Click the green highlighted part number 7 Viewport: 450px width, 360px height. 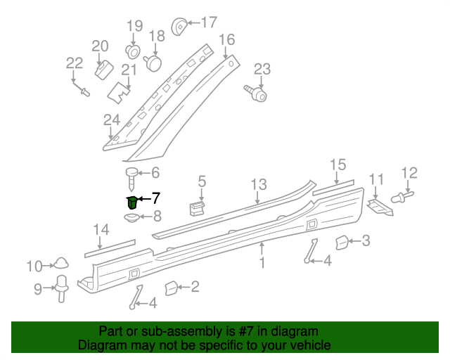point(131,202)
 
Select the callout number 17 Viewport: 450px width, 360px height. point(209,22)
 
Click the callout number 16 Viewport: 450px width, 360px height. point(226,39)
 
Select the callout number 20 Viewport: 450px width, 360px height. point(101,46)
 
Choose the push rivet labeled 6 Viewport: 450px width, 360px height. point(133,176)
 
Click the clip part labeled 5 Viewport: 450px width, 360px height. point(197,207)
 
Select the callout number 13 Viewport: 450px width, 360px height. point(259,184)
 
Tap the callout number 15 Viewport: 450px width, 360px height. point(338,165)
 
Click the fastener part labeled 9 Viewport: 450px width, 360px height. point(62,288)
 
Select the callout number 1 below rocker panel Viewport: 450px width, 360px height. point(262,264)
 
